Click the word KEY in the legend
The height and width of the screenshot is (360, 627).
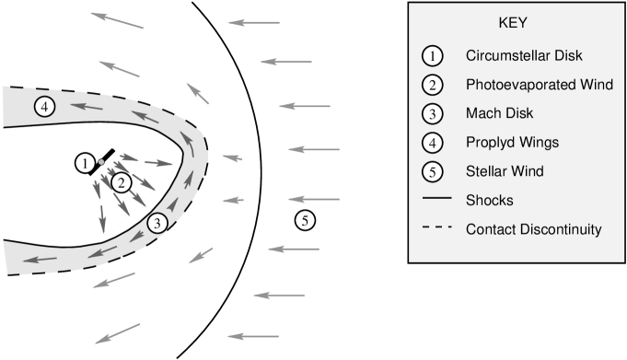click(x=511, y=23)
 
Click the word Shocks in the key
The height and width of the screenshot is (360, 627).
click(x=489, y=200)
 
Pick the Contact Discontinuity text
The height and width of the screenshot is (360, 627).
click(x=533, y=229)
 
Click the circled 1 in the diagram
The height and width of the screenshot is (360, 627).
click(x=86, y=164)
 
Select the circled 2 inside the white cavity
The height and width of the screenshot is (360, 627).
click(x=121, y=182)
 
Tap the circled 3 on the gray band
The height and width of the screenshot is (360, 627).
click(x=157, y=222)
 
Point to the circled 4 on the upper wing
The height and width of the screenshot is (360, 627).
click(x=43, y=107)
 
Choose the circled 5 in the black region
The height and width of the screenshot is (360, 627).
click(x=305, y=219)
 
